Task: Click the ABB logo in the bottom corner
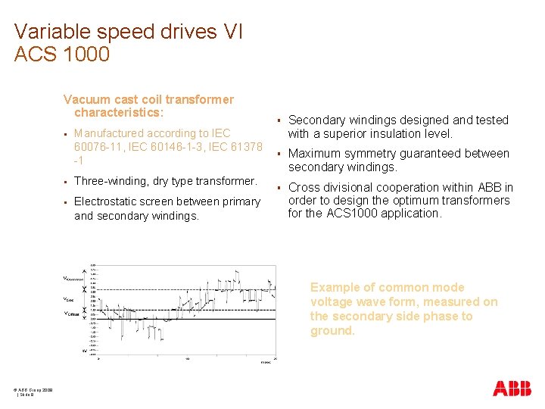tap(512, 389)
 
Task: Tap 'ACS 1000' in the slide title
tap(62, 55)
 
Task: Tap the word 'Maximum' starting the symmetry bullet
tap(314, 154)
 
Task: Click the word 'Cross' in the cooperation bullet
tap(305, 187)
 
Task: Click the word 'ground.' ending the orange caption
tap(332, 331)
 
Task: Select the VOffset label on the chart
tap(72, 314)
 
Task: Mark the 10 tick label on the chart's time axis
tap(187, 359)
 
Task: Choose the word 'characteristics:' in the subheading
tap(118, 113)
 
